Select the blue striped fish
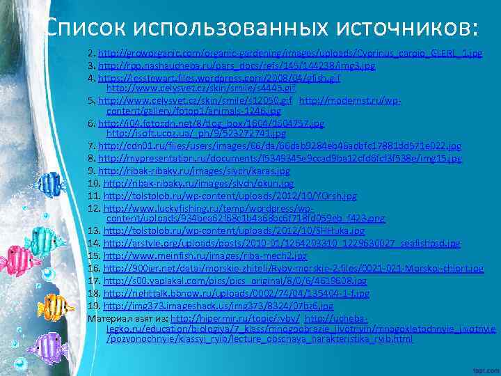coord(51,183)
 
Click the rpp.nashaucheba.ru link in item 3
coord(237,66)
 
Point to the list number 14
coord(94,243)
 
